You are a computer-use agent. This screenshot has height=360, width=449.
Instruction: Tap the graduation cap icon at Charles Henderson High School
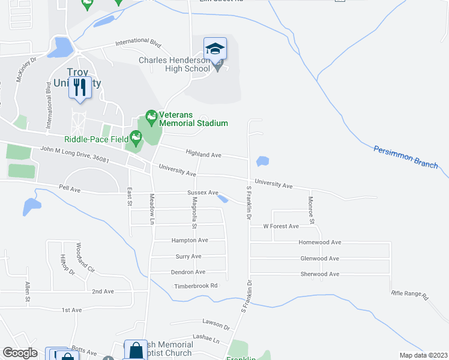tap(214, 48)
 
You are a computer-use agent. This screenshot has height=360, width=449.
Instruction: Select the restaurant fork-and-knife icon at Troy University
tap(79, 87)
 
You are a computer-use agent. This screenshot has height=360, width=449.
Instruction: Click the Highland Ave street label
tap(203, 155)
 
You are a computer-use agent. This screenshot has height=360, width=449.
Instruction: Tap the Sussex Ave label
tap(203, 193)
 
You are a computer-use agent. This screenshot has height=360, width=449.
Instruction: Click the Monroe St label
tap(312, 211)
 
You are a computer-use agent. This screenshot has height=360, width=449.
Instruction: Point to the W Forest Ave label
tap(281, 226)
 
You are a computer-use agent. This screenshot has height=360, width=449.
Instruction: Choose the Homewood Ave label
tap(320, 242)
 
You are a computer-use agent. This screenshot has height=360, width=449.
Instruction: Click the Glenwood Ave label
tap(319, 259)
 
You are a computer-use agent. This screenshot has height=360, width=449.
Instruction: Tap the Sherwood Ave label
tap(319, 274)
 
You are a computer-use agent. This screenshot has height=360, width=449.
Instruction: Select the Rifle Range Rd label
tap(409, 295)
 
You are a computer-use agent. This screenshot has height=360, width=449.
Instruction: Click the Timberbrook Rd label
tap(196, 286)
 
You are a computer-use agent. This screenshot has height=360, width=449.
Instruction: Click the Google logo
tap(20, 353)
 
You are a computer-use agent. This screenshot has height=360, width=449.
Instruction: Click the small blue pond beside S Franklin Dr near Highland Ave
tap(262, 161)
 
